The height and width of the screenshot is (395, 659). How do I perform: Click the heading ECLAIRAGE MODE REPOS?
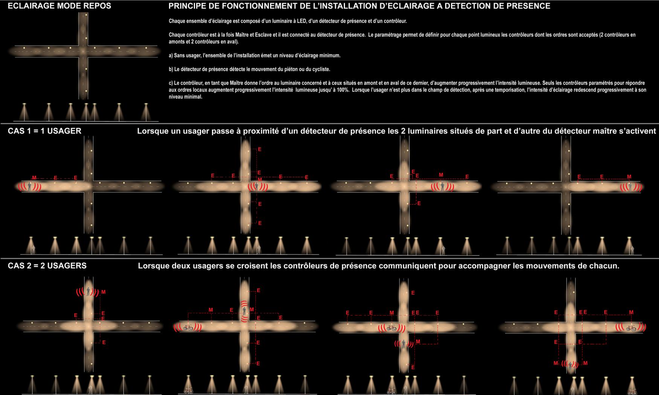[59, 6]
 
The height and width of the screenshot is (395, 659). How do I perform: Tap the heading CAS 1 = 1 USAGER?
[44, 131]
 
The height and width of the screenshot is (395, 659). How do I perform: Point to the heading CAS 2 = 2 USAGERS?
[47, 266]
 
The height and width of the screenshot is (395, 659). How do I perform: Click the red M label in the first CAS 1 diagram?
[34, 178]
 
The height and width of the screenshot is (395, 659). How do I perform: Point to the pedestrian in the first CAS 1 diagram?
[30, 187]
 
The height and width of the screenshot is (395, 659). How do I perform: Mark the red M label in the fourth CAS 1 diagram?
[629, 177]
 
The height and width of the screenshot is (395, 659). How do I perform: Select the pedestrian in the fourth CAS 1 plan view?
[631, 187]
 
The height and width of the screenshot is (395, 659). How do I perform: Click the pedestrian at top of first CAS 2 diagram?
[88, 291]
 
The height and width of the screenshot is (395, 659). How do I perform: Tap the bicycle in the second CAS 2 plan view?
[188, 328]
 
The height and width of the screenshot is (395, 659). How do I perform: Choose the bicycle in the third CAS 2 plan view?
[392, 328]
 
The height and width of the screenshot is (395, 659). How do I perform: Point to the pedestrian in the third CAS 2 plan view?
[404, 344]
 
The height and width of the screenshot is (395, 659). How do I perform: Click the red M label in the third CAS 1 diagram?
[441, 175]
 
